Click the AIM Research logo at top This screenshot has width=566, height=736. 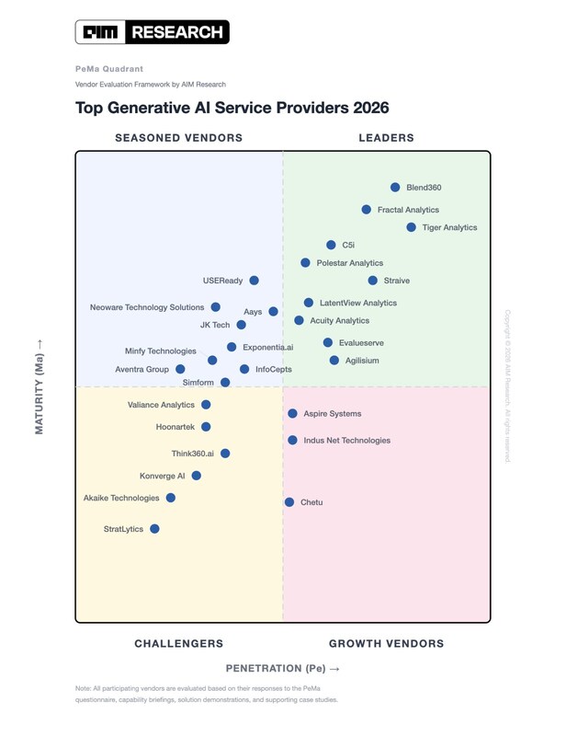tap(153, 32)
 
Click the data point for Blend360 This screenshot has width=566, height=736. tap(395, 187)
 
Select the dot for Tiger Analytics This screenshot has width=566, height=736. tap(412, 227)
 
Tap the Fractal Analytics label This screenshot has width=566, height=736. tap(408, 210)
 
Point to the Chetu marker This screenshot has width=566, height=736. tap(289, 502)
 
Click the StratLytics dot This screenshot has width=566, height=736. tap(154, 529)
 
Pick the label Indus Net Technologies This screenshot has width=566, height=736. tap(346, 441)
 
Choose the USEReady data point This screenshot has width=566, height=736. tap(255, 281)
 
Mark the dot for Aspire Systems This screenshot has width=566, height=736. tap(293, 414)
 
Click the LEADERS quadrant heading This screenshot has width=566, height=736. tap(386, 138)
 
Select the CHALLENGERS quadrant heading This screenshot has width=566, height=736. tap(179, 644)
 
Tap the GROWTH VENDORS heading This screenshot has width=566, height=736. tap(386, 644)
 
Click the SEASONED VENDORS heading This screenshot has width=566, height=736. tap(178, 138)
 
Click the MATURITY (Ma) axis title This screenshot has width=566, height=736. tap(40, 386)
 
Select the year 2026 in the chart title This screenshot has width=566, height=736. tap(370, 108)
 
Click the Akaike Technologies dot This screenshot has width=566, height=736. tap(171, 498)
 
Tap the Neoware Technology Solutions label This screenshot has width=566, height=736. tap(147, 307)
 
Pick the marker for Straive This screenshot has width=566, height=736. tap(373, 281)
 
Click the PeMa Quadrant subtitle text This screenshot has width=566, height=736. tap(109, 69)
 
